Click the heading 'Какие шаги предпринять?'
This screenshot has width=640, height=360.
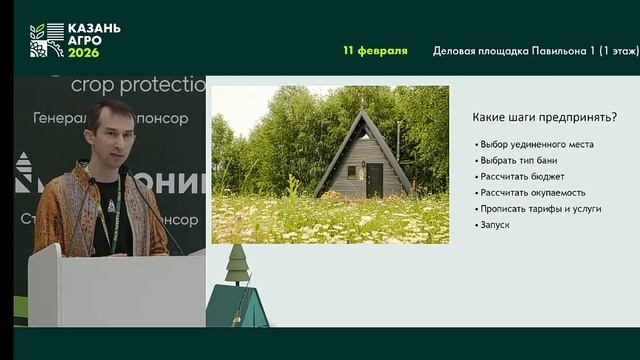[544, 118]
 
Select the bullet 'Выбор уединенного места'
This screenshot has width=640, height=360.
[536, 144]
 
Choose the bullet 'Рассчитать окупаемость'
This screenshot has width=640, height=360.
[533, 192]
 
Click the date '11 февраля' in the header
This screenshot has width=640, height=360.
[375, 50]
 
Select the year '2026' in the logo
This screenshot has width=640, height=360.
[84, 52]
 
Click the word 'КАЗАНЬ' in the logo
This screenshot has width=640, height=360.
[94, 29]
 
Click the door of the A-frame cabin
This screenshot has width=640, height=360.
[374, 180]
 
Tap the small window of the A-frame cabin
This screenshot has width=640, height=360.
[351, 171]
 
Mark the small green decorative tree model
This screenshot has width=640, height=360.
[237, 262]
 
